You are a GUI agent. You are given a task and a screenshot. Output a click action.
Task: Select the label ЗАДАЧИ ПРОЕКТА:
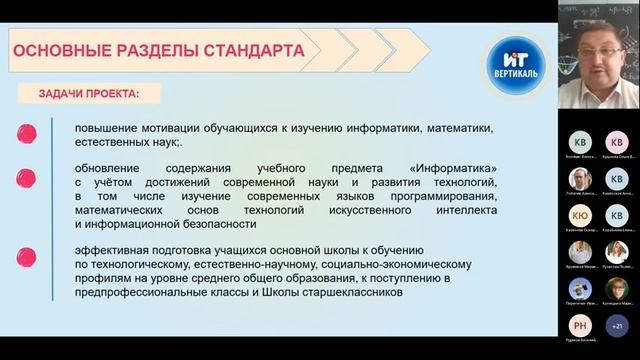88,94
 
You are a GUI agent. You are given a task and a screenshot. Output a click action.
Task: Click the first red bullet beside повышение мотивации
28,131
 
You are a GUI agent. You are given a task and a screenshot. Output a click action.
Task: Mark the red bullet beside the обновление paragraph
28,177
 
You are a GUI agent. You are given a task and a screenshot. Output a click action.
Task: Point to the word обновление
115,168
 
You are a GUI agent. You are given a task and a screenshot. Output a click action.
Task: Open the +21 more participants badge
615,325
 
